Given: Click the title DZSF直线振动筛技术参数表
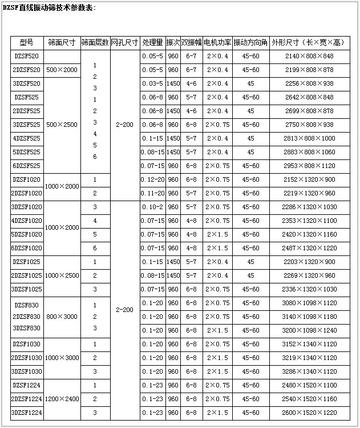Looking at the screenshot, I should pos(50,8).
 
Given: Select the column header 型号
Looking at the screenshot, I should pos(26,43).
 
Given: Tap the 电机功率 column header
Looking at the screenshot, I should pos(217,43).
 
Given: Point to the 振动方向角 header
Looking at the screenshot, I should pos(250,43).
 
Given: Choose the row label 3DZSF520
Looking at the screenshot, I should pos(26,83).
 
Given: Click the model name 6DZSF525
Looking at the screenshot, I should pos(26,166).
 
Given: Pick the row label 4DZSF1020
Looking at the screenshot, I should pos(26,221).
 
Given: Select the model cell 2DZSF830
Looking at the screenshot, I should pos(26,317).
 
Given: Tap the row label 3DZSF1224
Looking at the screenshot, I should pos(26,412).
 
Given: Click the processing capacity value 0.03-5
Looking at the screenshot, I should pos(152,83).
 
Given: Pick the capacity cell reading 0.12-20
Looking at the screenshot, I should pos(152,179).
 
